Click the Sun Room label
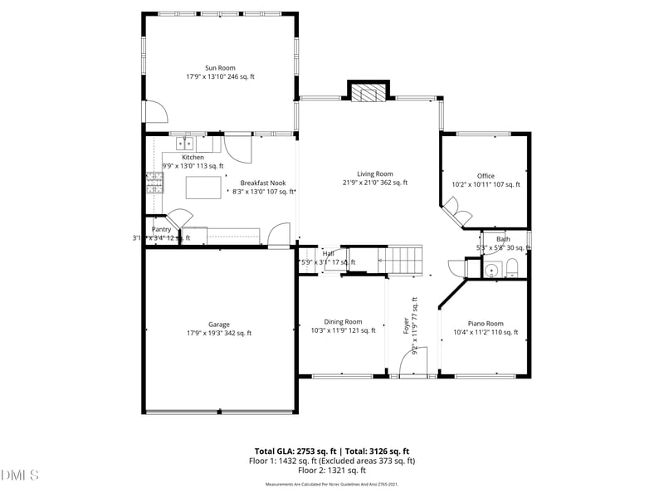[220, 68]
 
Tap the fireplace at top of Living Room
[367, 93]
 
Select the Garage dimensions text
[219, 334]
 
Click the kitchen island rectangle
[203, 188]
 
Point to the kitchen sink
[184, 143]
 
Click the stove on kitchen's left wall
[154, 182]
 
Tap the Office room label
[486, 176]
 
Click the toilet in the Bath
[512, 267]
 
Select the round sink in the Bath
[492, 269]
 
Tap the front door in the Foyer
[413, 362]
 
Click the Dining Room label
[343, 322]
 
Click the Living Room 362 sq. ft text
[376, 183]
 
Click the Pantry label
[160, 229]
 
